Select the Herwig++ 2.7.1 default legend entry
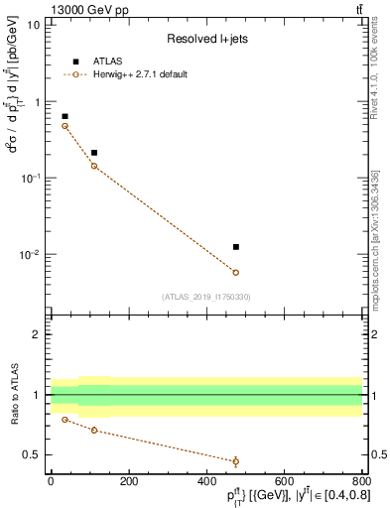point(139,74)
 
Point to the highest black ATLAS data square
point(65,116)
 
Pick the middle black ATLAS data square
point(94,153)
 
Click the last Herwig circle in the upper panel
point(235,272)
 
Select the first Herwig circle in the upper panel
point(65,126)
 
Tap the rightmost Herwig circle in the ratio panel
point(235,461)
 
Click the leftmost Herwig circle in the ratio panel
point(65,420)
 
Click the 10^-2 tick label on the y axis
point(28,255)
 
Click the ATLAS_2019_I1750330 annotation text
point(206,297)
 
